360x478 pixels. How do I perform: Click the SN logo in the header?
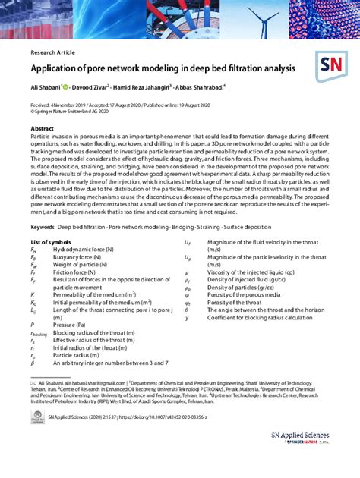(333, 65)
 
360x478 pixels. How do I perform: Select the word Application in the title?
(54, 69)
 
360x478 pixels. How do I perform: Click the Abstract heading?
(43, 128)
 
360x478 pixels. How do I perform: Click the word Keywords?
(43, 226)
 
